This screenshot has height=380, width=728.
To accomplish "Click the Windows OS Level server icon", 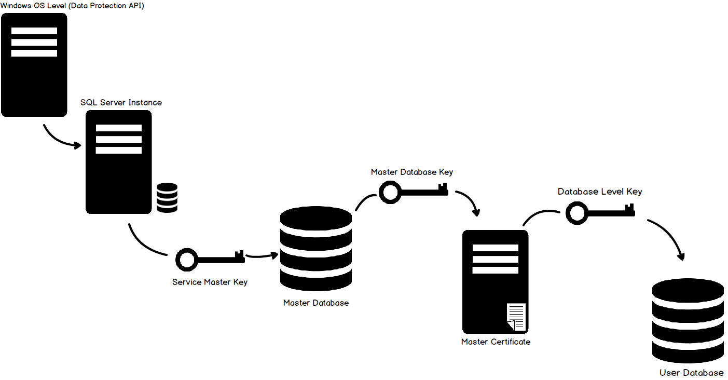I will coord(34,65).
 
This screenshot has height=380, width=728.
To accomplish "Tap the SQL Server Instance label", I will coord(121,102).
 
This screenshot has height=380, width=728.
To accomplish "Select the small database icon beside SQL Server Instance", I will coord(167,197).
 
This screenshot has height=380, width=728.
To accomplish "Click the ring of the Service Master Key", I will coord(186,260).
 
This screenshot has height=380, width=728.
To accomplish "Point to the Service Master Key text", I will coord(210,282).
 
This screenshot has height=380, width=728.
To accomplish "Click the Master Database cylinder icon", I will coord(315,249).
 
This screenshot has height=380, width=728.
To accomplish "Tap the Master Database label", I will coord(315,302).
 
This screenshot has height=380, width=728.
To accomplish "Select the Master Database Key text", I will coord(411,172).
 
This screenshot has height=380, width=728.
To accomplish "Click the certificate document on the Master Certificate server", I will coord(516,317).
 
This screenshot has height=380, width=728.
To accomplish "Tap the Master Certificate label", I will coord(496,342).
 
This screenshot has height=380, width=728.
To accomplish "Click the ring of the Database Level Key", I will coord(576,213).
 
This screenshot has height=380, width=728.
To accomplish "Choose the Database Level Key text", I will coord(599,192).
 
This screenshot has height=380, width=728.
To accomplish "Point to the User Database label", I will coord(691,372).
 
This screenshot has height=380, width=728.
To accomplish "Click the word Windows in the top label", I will coord(16,5).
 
